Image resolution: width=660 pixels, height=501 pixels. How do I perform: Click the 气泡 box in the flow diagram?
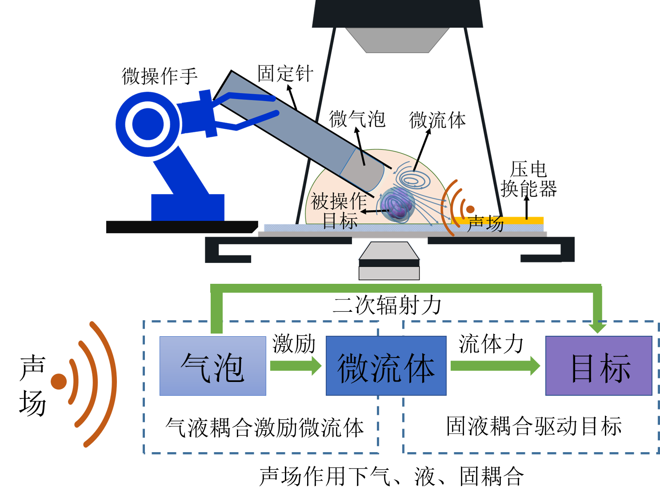[212, 366]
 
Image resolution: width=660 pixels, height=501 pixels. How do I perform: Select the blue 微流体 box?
[386, 366]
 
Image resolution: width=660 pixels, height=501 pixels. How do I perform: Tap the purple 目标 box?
[599, 366]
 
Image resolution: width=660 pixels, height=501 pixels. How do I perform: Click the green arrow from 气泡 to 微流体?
[296, 366]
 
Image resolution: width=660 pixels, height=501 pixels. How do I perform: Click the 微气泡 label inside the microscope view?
[357, 119]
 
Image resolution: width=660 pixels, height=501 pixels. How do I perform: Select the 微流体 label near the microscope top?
[437, 120]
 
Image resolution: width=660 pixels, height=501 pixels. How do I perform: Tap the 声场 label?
[485, 223]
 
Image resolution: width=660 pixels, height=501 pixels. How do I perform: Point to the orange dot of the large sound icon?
[59, 381]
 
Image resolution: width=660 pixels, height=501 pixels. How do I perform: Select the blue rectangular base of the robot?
[188, 207]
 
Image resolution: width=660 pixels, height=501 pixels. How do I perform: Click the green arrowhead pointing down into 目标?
[597, 328]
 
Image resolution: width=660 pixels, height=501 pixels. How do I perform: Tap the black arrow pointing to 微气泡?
[360, 147]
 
